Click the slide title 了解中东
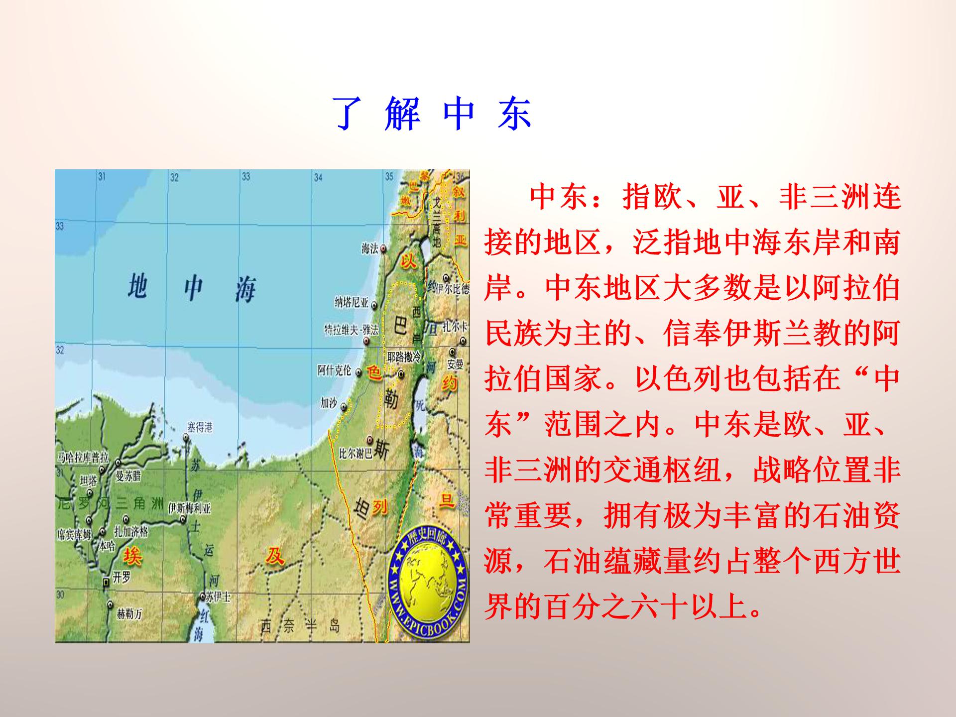click(432, 115)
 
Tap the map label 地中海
click(192, 287)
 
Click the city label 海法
click(369, 248)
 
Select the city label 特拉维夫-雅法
click(352, 330)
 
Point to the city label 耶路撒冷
click(404, 357)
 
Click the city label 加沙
click(329, 403)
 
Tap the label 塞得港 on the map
click(200, 427)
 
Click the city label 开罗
click(121, 578)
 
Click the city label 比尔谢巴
click(355, 454)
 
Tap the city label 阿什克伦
click(334, 370)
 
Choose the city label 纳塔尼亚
click(352, 302)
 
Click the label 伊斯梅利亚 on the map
click(190, 508)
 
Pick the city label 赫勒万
click(129, 614)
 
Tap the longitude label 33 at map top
click(246, 176)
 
